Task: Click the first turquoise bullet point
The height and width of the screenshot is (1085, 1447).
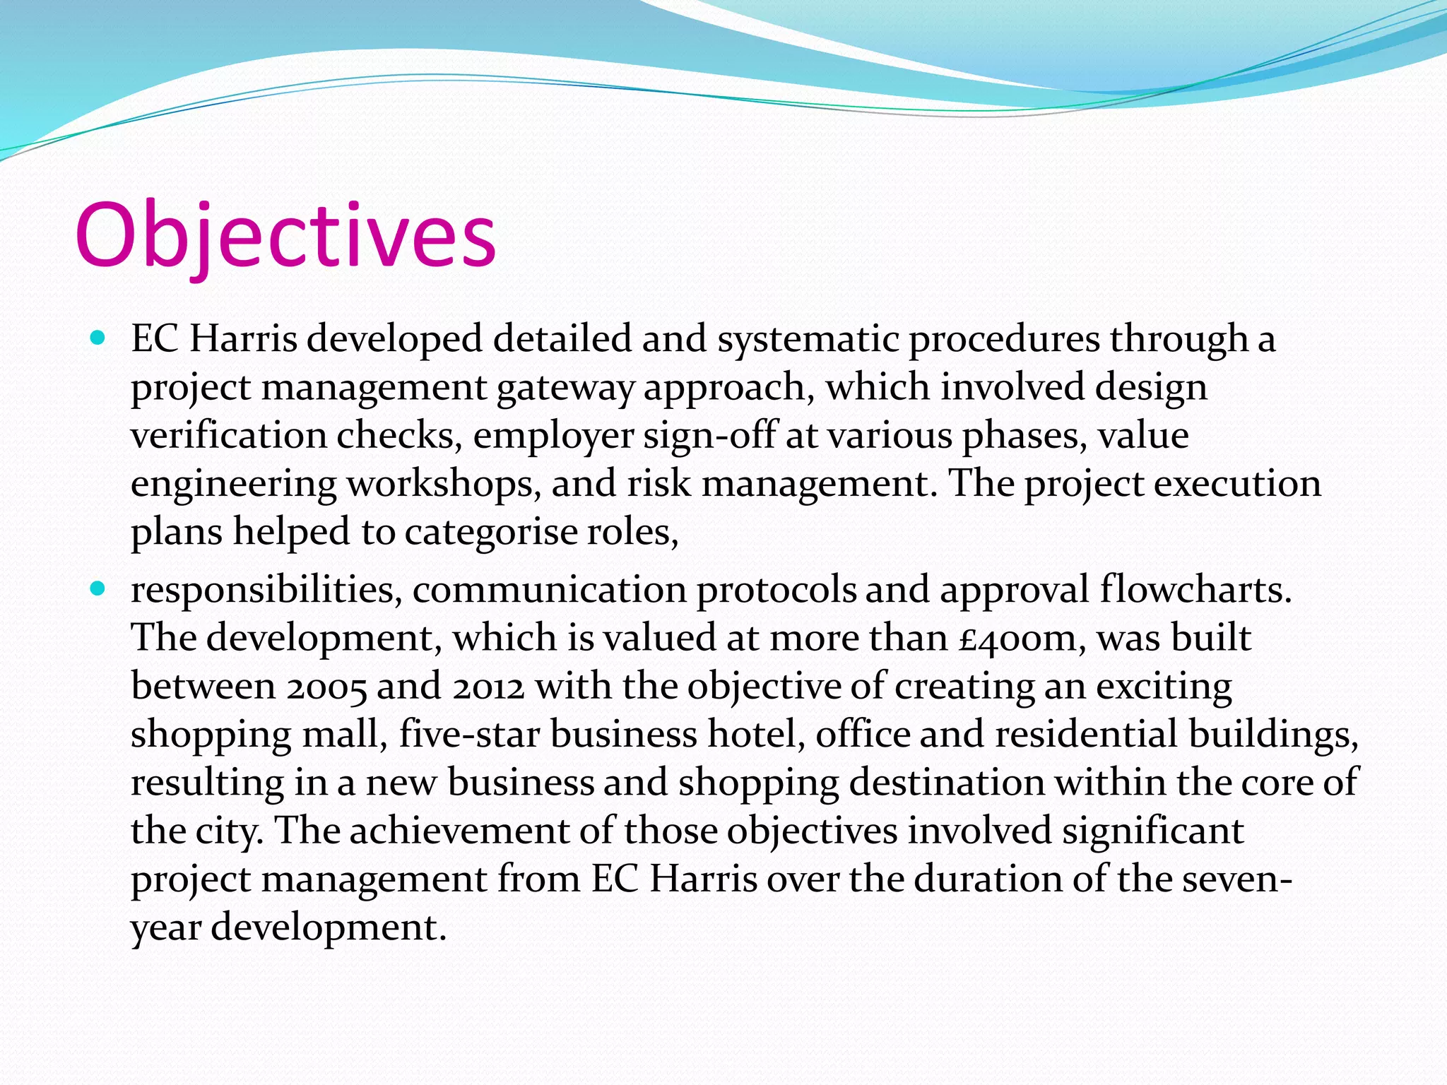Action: point(98,338)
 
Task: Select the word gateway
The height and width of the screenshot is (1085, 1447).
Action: point(565,388)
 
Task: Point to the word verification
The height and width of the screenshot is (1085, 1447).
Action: point(228,435)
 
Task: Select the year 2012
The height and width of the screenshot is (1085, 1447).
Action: point(488,687)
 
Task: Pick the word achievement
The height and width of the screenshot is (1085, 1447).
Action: point(459,831)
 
